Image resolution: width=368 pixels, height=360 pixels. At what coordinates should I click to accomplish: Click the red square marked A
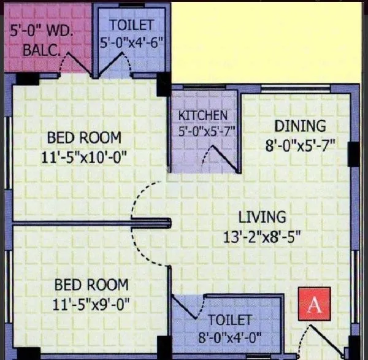[314, 305]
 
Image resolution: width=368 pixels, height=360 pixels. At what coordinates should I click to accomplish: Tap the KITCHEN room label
[202, 115]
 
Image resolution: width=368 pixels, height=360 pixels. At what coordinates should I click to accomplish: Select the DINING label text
[299, 126]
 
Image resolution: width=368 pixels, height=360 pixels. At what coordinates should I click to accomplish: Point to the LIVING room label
[262, 216]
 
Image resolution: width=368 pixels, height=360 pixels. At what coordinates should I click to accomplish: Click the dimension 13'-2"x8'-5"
[262, 236]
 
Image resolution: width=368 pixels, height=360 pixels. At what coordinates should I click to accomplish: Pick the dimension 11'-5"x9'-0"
[92, 304]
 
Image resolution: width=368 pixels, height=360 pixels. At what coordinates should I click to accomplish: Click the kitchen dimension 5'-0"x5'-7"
[202, 131]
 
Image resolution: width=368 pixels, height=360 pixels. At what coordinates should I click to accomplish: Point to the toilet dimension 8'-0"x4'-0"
[230, 337]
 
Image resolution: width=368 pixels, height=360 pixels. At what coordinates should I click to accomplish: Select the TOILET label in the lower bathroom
[229, 320]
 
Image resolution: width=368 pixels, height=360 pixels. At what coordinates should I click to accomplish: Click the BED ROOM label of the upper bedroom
[83, 137]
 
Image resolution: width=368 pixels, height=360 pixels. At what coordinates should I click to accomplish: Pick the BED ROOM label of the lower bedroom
[92, 285]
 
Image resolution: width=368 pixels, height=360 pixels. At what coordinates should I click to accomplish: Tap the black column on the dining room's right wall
[354, 154]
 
